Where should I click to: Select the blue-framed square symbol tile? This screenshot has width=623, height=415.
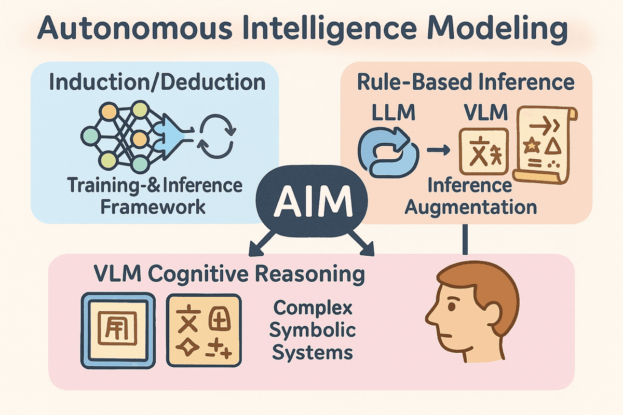coord(119,330)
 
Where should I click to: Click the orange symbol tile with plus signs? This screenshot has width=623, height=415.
coord(204,330)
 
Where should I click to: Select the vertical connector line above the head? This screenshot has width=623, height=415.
coord(465,239)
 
